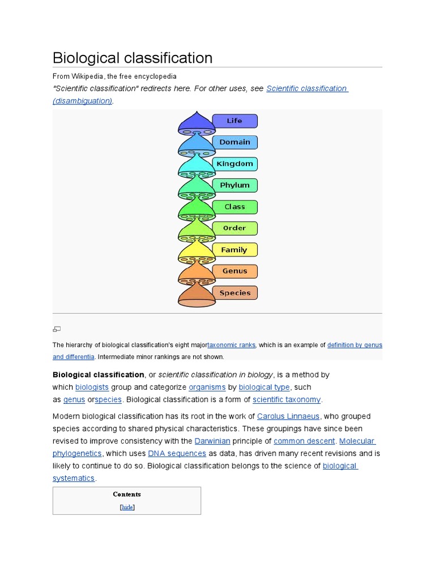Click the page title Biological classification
coord(133,58)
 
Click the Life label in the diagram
coord(234,121)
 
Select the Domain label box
coord(234,142)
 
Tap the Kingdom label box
coord(234,164)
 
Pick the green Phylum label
coord(234,185)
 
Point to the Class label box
coord(234,207)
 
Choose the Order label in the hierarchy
coord(234,228)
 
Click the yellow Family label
coord(234,250)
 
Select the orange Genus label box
coord(234,271)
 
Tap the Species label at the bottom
coord(234,293)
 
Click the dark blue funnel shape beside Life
coord(196,122)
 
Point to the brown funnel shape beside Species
coord(196,295)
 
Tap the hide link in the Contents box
coord(127,507)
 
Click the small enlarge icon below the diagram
coord(57,329)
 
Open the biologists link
coord(92,387)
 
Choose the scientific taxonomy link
coord(287,399)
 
